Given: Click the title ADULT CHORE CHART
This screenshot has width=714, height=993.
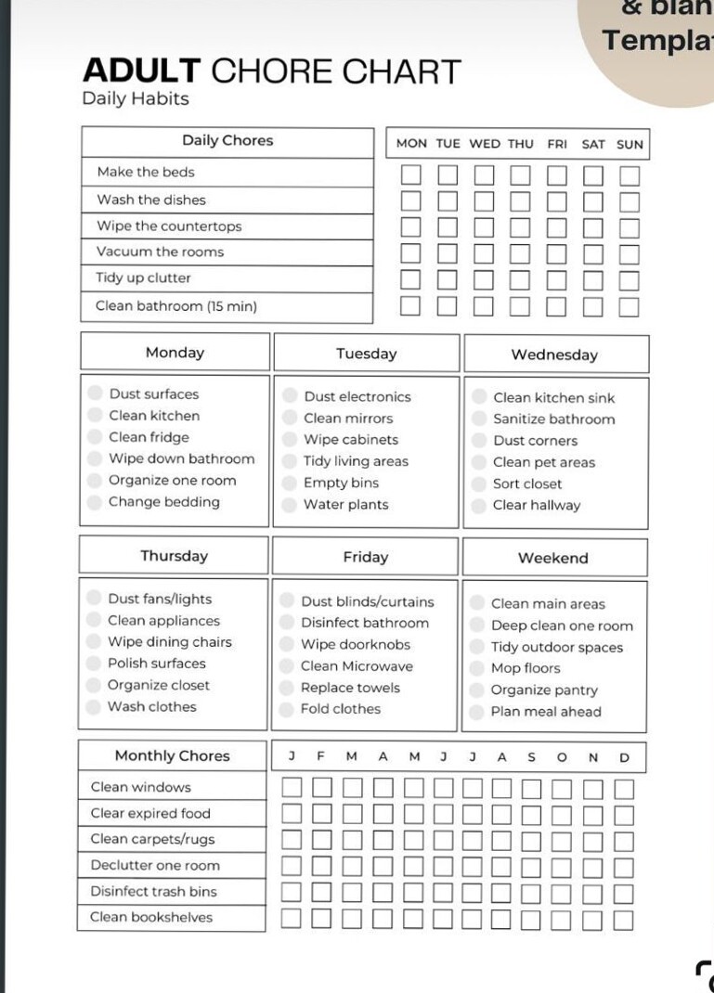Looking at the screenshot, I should pyautogui.click(x=271, y=71).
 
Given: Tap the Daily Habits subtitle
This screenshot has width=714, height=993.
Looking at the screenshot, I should pyautogui.click(x=136, y=99).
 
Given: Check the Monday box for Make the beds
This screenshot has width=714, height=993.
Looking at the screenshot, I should pyautogui.click(x=410, y=174).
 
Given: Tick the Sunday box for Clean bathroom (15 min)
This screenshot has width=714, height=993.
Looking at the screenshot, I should pyautogui.click(x=630, y=307).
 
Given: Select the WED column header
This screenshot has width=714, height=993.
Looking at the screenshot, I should pyautogui.click(x=484, y=144).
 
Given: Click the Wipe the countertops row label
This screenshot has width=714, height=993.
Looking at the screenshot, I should pyautogui.click(x=169, y=226).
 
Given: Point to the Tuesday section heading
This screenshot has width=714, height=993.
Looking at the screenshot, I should pyautogui.click(x=366, y=354).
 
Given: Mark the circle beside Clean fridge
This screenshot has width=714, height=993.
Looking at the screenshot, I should pyautogui.click(x=95, y=437).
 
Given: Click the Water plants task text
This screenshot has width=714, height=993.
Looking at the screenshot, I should pyautogui.click(x=345, y=505).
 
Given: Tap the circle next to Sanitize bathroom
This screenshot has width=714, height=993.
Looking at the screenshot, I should pyautogui.click(x=479, y=419).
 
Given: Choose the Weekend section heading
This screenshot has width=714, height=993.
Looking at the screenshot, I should pyautogui.click(x=553, y=559).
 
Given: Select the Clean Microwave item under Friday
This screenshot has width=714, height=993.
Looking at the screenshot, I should pyautogui.click(x=357, y=666).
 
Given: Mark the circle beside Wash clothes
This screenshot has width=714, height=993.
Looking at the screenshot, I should pyautogui.click(x=93, y=707).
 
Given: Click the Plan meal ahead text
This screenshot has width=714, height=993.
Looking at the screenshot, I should pyautogui.click(x=546, y=712).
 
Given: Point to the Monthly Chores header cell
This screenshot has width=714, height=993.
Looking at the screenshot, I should pyautogui.click(x=172, y=755).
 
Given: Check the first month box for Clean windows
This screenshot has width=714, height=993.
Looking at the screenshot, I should pyautogui.click(x=292, y=788).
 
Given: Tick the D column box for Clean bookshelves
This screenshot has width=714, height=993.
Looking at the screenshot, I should pyautogui.click(x=624, y=920).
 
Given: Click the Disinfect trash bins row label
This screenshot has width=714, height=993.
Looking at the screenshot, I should pyautogui.click(x=153, y=891).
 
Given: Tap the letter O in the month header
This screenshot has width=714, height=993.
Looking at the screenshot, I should pyautogui.click(x=562, y=757).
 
